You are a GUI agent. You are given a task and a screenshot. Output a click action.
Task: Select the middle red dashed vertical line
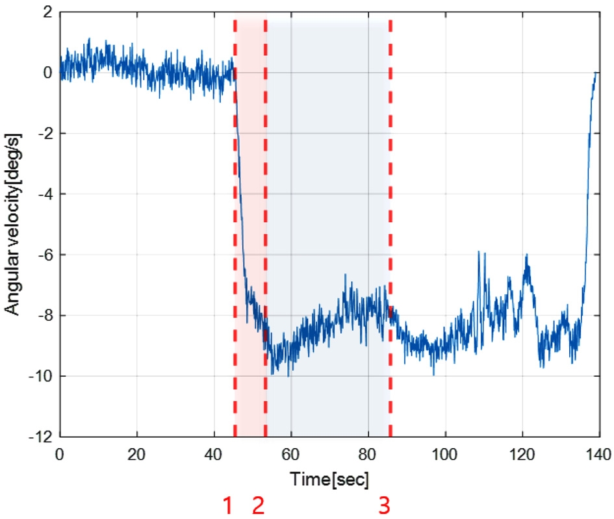pyautogui.click(x=265, y=195)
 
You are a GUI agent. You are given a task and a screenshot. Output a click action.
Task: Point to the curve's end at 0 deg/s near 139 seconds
pyautogui.click(x=595, y=73)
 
